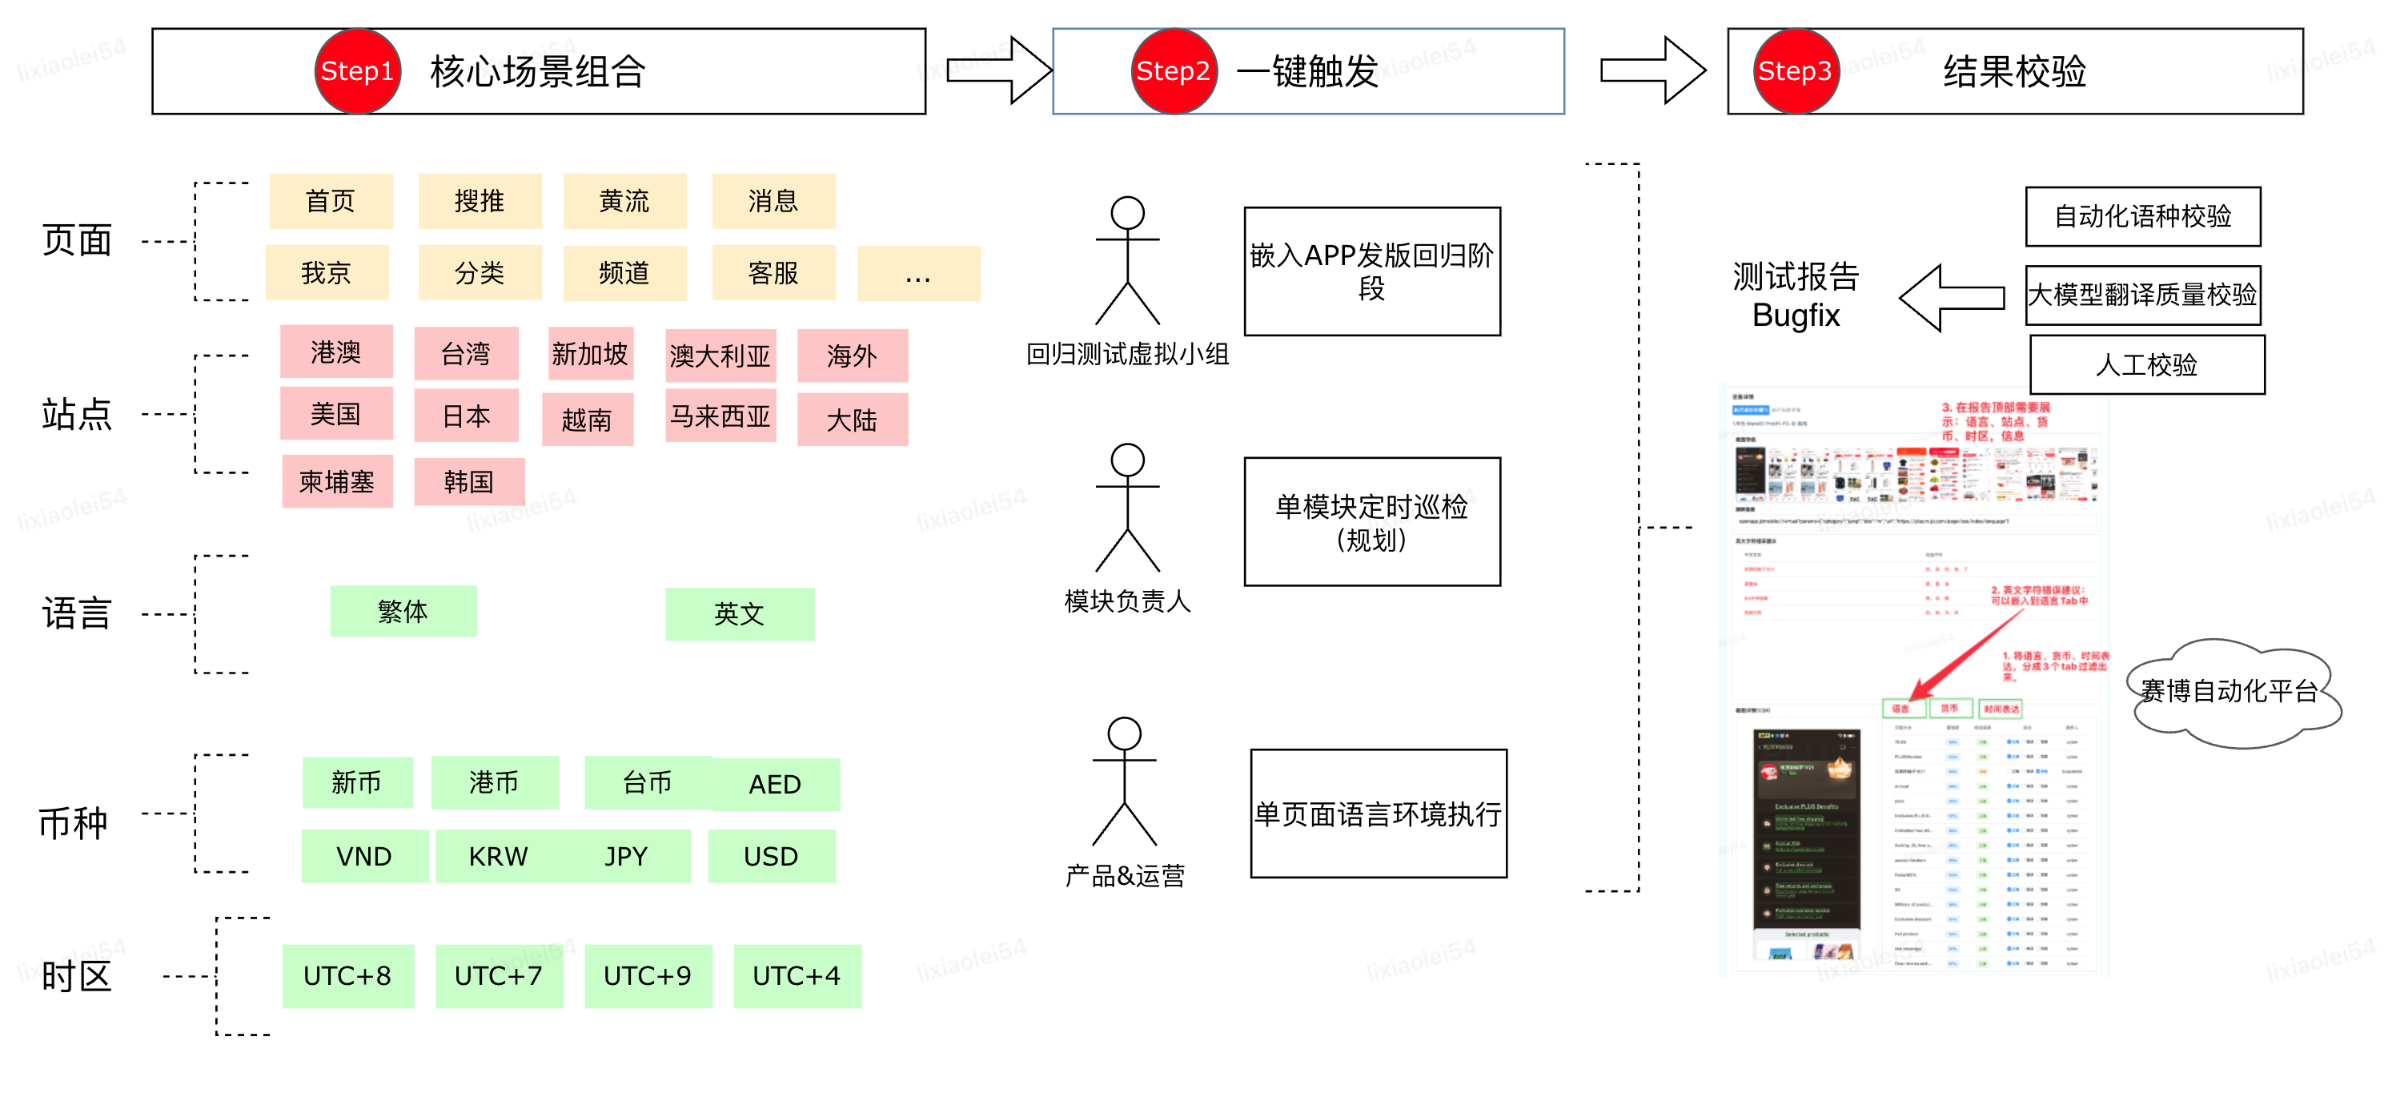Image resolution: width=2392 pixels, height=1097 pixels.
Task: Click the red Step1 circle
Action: click(x=358, y=71)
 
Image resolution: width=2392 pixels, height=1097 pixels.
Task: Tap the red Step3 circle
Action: click(x=1796, y=71)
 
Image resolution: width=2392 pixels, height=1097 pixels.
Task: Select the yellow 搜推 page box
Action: click(x=480, y=201)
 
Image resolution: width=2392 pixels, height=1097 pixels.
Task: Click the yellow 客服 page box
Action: click(x=773, y=273)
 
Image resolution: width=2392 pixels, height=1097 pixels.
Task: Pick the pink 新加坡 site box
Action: click(x=590, y=354)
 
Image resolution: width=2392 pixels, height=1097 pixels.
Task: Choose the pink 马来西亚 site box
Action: click(x=720, y=416)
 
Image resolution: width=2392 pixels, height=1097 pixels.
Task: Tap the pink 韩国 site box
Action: click(x=469, y=482)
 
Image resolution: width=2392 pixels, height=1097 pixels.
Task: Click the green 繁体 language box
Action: click(x=403, y=611)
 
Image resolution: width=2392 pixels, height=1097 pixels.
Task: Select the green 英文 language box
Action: click(x=739, y=614)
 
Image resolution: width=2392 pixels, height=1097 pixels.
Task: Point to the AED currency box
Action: click(x=776, y=785)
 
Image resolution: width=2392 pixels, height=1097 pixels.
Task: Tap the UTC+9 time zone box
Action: click(x=647, y=976)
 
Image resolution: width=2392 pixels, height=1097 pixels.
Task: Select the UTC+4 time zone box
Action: click(x=797, y=976)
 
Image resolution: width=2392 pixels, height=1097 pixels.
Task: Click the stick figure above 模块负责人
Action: click(x=1127, y=506)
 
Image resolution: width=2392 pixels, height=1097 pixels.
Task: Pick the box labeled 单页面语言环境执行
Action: click(x=1378, y=814)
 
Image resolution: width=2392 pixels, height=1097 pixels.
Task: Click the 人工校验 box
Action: click(x=2146, y=365)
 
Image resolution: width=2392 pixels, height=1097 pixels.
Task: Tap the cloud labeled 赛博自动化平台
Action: click(x=2232, y=692)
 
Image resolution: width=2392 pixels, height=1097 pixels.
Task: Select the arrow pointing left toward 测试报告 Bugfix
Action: click(x=1950, y=298)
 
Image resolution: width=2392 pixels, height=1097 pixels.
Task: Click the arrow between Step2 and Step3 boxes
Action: click(x=1651, y=70)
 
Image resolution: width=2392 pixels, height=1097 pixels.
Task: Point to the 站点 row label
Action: click(x=77, y=414)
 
